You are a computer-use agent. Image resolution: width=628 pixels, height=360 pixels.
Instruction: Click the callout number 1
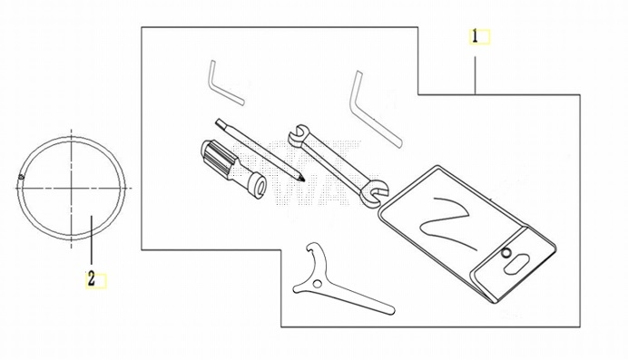(475, 37)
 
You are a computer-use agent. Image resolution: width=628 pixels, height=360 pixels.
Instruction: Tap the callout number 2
(92, 278)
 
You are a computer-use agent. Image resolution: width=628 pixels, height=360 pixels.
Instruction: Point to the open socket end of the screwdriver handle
(260, 186)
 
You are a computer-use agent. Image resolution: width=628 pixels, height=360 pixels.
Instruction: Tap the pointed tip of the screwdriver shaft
(302, 179)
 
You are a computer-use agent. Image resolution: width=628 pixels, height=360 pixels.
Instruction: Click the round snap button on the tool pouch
(506, 252)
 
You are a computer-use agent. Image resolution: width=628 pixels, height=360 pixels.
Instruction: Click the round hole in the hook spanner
(318, 284)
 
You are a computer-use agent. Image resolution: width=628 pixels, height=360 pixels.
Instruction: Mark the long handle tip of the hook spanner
(390, 310)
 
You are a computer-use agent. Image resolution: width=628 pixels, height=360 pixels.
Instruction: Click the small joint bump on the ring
(21, 177)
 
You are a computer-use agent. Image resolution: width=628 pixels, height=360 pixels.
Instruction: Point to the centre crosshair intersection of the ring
(72, 187)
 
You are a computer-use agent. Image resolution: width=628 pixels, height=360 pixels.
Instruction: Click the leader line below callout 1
(476, 75)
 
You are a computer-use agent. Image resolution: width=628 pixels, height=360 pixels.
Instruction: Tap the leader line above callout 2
(92, 240)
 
